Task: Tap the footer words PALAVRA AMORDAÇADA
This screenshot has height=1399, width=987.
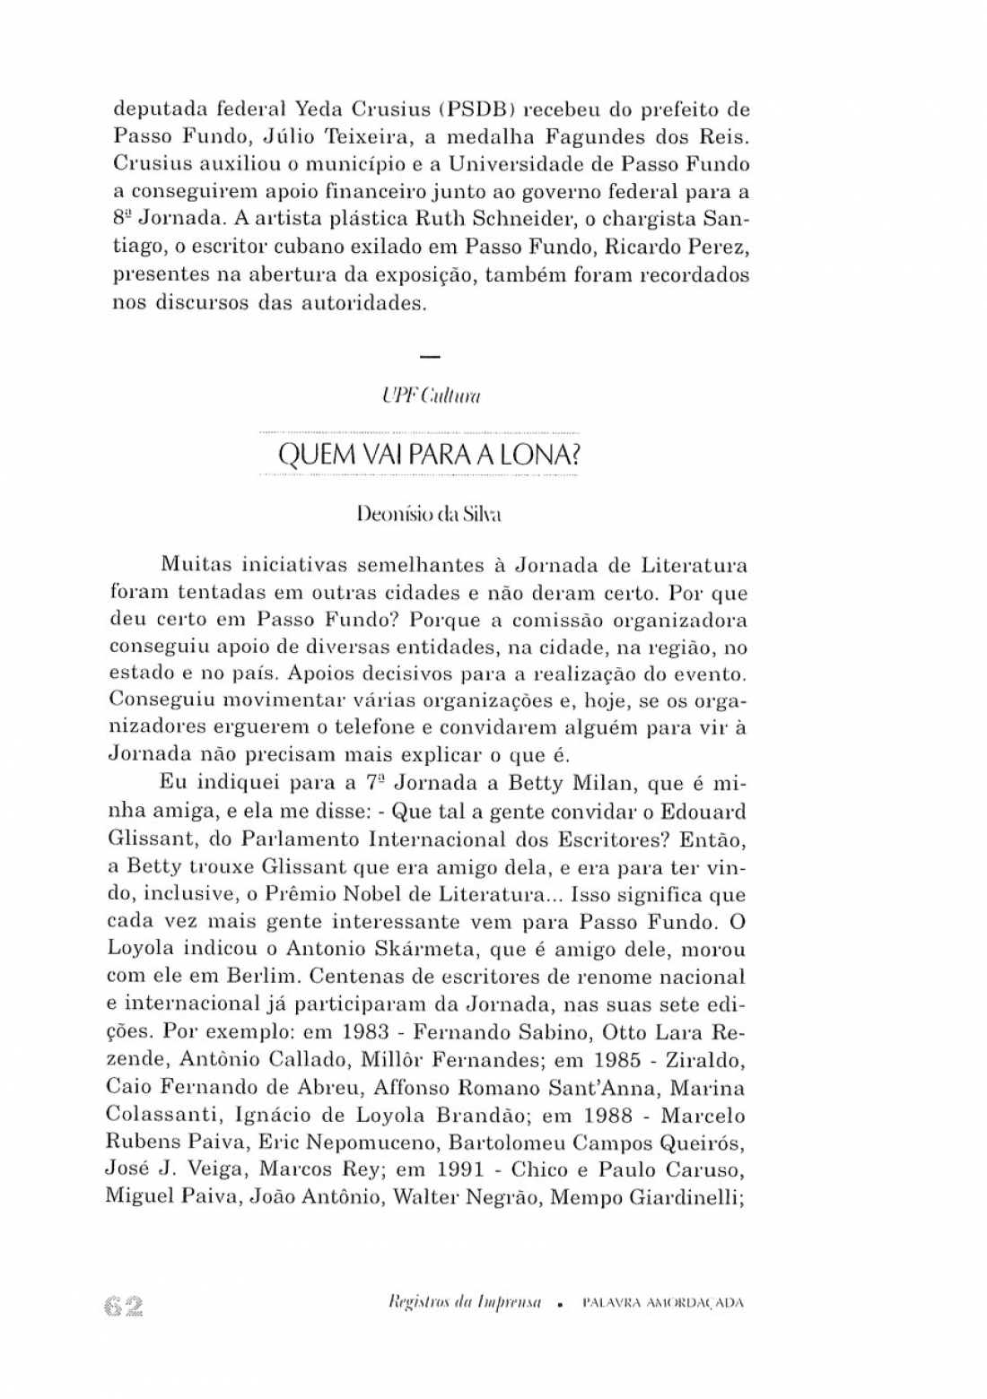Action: click(663, 1304)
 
